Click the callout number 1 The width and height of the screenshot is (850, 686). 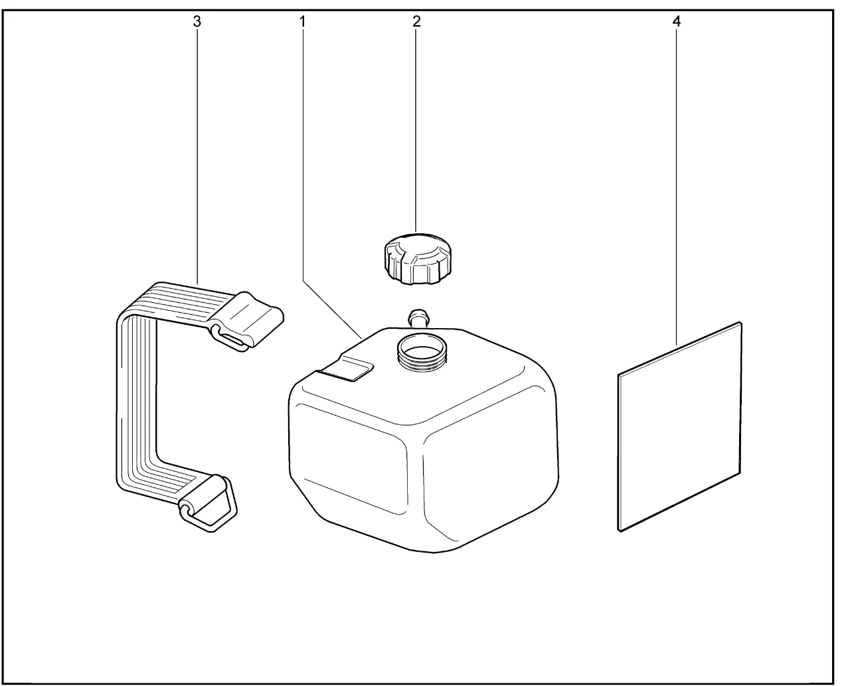pos(303,21)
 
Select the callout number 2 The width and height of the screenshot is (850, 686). pos(416,21)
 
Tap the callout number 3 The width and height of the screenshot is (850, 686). pos(197,21)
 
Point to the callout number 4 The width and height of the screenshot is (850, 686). pos(677,21)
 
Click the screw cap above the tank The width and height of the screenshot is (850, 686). pos(418,258)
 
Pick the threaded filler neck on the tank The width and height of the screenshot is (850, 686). pos(422,353)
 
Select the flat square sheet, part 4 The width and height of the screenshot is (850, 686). pos(679,426)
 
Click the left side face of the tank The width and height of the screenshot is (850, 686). pos(349,459)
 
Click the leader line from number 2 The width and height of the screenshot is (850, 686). pos(416,131)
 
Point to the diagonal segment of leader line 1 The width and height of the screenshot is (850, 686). pos(332,309)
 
